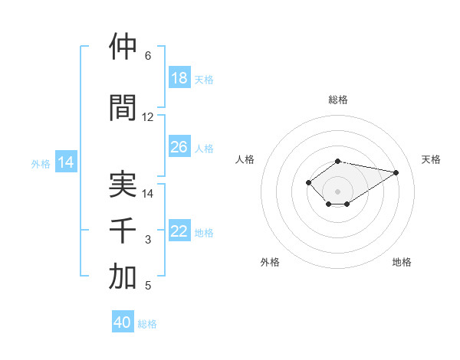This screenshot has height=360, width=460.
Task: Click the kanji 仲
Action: point(123,47)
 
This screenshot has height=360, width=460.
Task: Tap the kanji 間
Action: point(123,108)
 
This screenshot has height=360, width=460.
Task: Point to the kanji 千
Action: point(123,231)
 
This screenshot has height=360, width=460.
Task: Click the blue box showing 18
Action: point(179,78)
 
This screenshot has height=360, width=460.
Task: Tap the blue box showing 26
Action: point(179,147)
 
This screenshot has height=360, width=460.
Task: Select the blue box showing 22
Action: point(179,231)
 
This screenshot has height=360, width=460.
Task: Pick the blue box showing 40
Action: point(123,323)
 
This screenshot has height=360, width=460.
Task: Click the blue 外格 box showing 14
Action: point(66,162)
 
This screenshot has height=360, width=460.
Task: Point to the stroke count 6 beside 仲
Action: point(148,56)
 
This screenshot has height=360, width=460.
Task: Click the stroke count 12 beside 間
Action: point(148,117)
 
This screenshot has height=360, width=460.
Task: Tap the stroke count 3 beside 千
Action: point(148,240)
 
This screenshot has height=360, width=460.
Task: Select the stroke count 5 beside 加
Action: point(148,286)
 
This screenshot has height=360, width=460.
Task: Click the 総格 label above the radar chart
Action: point(338,100)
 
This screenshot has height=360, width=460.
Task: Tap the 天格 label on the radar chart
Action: point(432,159)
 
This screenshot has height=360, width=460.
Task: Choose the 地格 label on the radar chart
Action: point(402,262)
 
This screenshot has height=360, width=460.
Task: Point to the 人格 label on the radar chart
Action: point(245,159)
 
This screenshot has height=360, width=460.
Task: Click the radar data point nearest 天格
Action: point(396,172)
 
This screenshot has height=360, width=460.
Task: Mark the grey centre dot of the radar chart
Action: point(338,191)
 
